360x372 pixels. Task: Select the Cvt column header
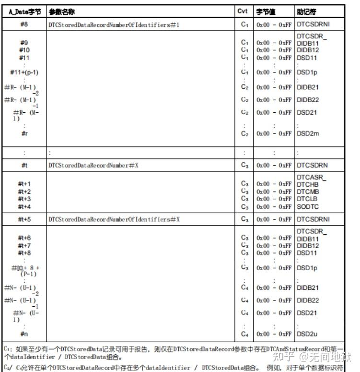[243, 11]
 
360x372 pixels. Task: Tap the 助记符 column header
[306, 11]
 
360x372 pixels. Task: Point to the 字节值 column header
[266, 11]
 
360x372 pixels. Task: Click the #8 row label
[24, 24]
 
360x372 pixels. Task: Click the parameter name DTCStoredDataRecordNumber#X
[96, 166]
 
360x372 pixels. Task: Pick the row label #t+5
[24, 219]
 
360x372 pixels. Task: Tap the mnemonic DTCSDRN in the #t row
[312, 166]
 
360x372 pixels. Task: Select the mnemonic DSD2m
[308, 133]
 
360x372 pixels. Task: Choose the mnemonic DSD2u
[308, 334]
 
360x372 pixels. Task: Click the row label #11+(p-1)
[24, 72]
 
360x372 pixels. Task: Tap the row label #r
[24, 133]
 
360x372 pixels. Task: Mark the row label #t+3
[24, 199]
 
